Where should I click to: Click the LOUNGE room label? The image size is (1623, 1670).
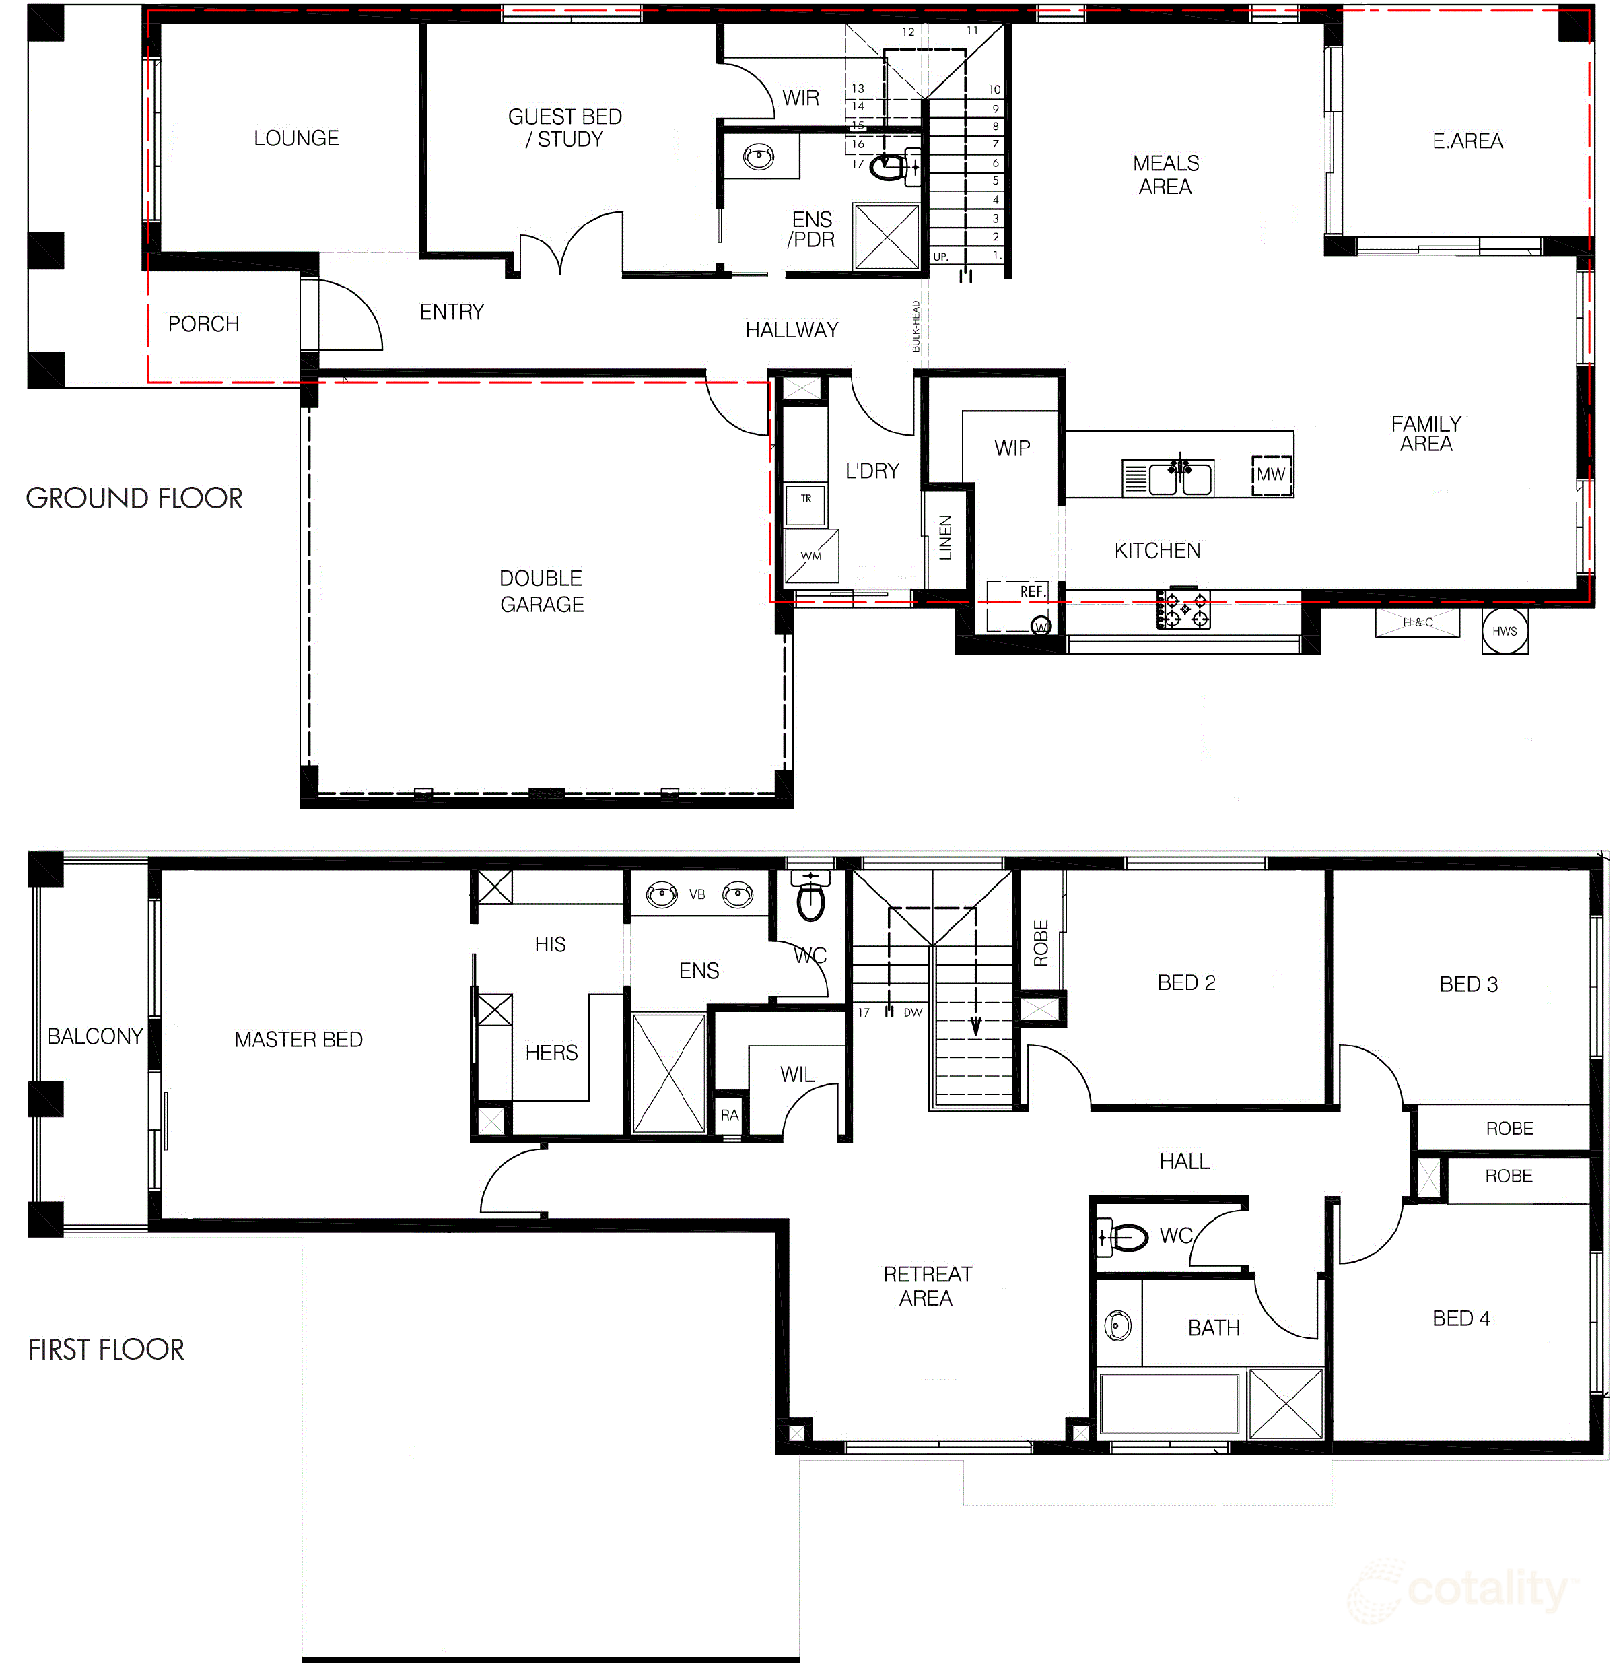(296, 138)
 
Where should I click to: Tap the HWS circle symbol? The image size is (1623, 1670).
(1505, 631)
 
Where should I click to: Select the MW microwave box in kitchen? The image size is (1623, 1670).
(1271, 475)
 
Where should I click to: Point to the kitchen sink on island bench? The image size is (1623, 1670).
(1180, 478)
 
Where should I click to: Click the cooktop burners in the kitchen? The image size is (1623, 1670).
(1183, 609)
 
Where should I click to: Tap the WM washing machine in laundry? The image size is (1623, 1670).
(810, 556)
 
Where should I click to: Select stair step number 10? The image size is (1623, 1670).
(994, 90)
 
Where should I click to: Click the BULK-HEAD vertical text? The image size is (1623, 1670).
(916, 327)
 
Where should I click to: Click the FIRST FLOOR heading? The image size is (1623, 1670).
(106, 1349)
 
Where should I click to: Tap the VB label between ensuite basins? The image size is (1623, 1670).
(697, 894)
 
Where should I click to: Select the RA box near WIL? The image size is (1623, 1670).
(729, 1115)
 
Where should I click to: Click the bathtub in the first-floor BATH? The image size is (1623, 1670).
(1169, 1404)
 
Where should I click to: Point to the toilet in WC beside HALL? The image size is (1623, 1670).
(1124, 1237)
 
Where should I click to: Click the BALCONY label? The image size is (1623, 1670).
(95, 1036)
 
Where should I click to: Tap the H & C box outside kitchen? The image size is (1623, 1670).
(1418, 622)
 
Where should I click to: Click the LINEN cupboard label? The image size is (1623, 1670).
(945, 538)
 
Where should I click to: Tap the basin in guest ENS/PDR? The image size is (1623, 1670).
(758, 157)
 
